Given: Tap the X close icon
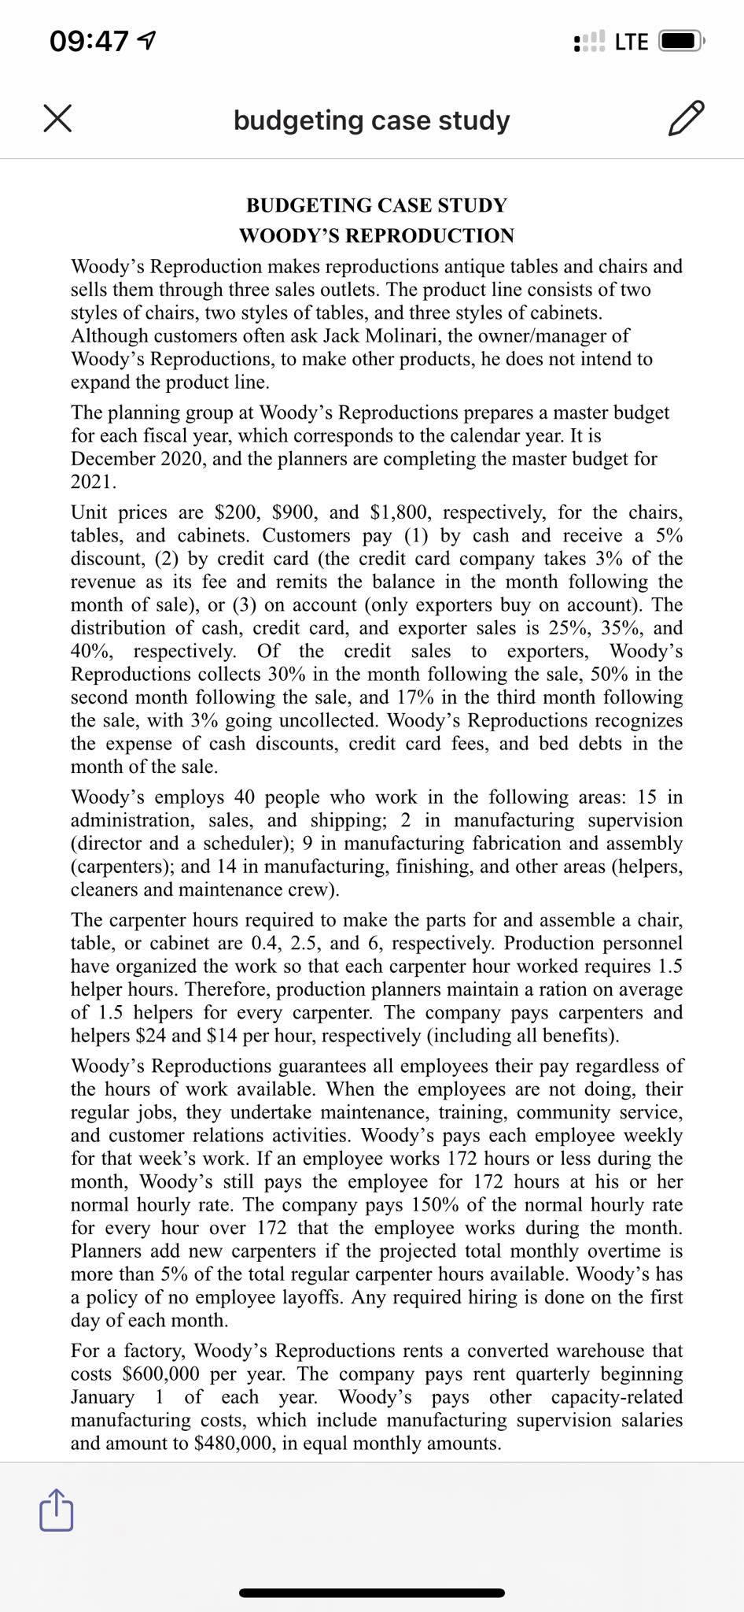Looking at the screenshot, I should [x=57, y=120].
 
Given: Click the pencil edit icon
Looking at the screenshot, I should [x=684, y=120].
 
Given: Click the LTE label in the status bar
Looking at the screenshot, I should [x=632, y=42].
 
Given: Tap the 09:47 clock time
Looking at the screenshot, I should [x=89, y=41].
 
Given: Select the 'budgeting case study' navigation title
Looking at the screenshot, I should [x=371, y=120].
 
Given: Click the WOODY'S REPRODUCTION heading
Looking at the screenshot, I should [x=376, y=235].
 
